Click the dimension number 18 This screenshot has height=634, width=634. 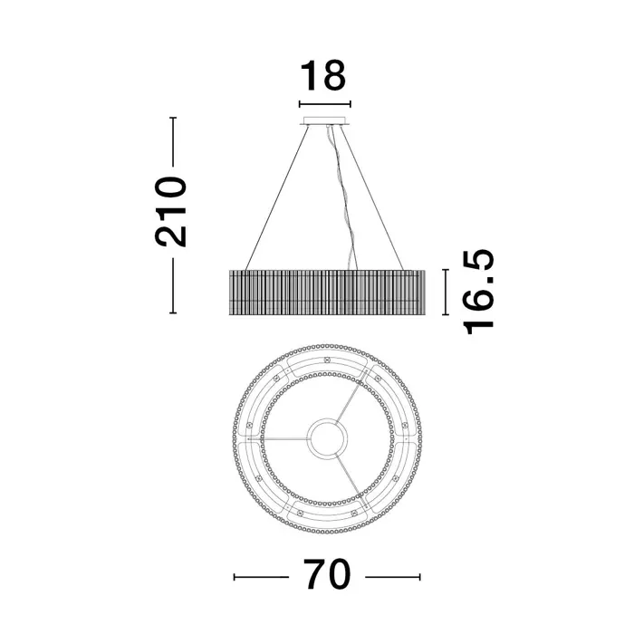[323, 75]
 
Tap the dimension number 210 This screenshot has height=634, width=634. [170, 211]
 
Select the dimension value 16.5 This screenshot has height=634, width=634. [479, 292]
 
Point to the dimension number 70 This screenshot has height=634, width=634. [327, 574]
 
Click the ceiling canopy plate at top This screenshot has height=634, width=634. [324, 120]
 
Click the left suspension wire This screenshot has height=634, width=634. [277, 197]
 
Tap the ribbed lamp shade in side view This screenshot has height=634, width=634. [327, 292]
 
